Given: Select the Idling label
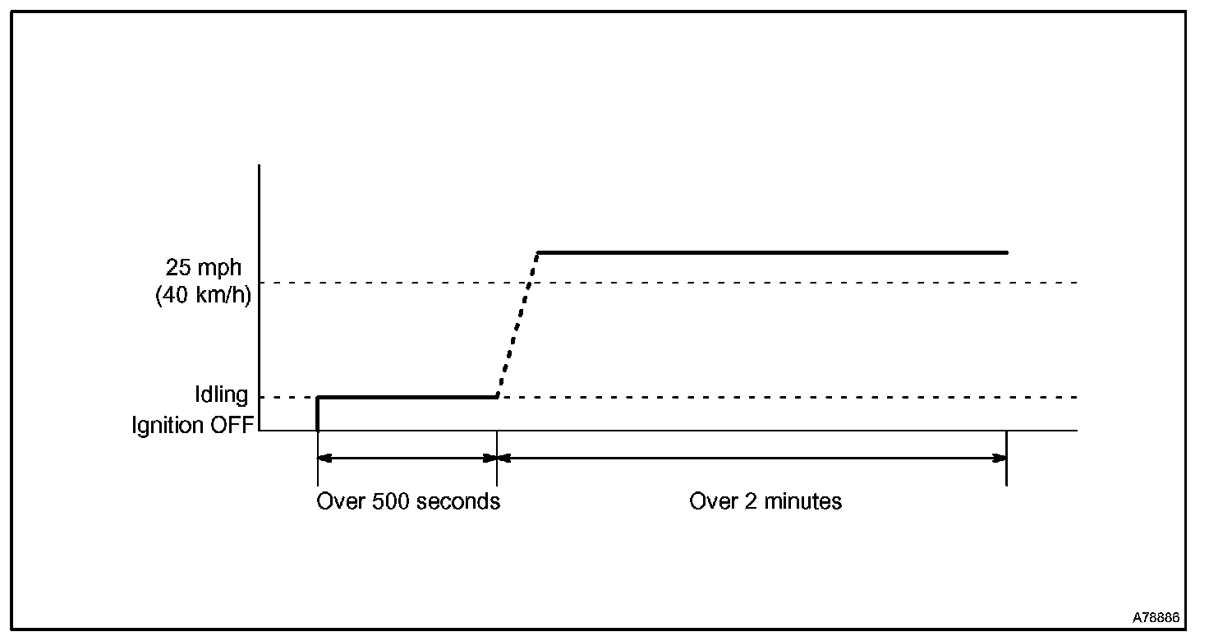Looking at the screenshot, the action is (x=221, y=395).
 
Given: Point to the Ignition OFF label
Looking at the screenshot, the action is (x=193, y=426).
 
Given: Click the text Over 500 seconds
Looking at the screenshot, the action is (x=408, y=501).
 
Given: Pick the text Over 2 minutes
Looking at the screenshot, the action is (x=765, y=501).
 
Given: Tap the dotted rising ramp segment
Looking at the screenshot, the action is (x=517, y=325).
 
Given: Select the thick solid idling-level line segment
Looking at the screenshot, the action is (x=407, y=397).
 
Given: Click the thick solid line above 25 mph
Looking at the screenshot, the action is (x=772, y=252).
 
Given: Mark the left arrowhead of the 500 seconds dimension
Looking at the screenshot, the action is (x=324, y=459).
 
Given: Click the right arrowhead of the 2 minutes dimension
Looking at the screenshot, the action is (x=1000, y=459).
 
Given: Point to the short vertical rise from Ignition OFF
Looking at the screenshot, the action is (x=318, y=413).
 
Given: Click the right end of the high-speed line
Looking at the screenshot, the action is (x=1005, y=252).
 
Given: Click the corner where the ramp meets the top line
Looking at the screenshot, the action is (x=537, y=252).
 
